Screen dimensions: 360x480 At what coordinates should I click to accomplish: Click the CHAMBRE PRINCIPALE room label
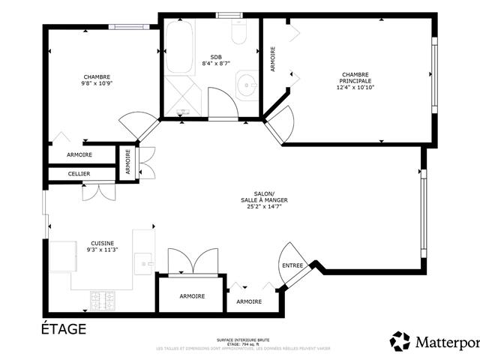[355, 78]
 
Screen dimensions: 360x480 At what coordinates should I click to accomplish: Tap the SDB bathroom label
[216, 57]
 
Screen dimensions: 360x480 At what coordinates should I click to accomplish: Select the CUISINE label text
[103, 244]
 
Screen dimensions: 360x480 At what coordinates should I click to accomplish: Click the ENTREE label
[292, 265]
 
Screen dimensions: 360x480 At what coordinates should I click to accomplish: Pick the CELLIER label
[79, 174]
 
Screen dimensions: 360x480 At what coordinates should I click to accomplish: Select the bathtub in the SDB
[179, 47]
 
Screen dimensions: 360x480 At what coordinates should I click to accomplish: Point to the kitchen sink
[143, 263]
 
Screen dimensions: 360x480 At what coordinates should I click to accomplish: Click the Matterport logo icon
[400, 341]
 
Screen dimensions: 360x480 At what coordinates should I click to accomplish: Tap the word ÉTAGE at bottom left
[64, 328]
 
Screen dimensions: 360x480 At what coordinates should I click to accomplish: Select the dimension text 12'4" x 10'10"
[355, 88]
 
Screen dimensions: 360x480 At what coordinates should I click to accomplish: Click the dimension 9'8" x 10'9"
[97, 83]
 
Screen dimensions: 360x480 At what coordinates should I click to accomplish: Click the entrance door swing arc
[289, 255]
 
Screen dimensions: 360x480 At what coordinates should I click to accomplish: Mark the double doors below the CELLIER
[97, 190]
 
